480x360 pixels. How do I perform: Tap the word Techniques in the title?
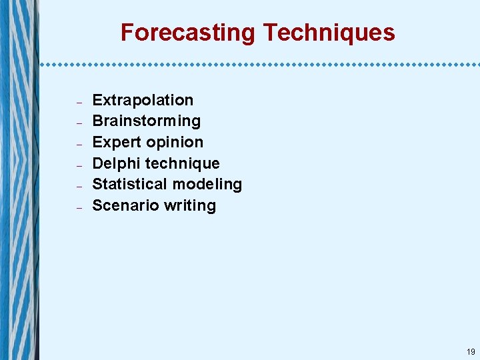pos(329,33)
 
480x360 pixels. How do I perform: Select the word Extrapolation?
pos(143,100)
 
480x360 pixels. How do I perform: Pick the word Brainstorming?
pos(146,121)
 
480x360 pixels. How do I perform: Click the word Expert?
pos(117,142)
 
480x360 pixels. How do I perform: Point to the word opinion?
pos(175,142)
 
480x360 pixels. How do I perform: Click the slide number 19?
pos(471,351)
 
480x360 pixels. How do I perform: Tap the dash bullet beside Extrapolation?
pos(79,103)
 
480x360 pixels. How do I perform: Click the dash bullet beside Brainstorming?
pos(79,123)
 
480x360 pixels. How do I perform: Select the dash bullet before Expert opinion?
pos(79,145)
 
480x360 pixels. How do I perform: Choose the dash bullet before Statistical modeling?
pos(79,187)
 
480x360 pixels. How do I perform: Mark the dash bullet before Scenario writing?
pos(79,208)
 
